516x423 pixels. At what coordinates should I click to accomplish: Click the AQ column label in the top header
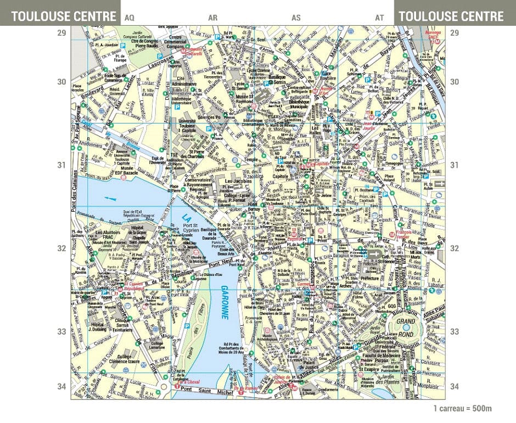point(130,18)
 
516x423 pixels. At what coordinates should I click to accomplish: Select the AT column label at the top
point(379,18)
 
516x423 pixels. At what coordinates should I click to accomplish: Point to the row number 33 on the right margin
point(454,331)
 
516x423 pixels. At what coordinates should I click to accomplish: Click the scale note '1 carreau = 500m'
point(462,408)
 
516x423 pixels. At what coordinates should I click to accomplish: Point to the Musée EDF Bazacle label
point(122,170)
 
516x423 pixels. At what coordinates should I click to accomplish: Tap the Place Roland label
point(389,177)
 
